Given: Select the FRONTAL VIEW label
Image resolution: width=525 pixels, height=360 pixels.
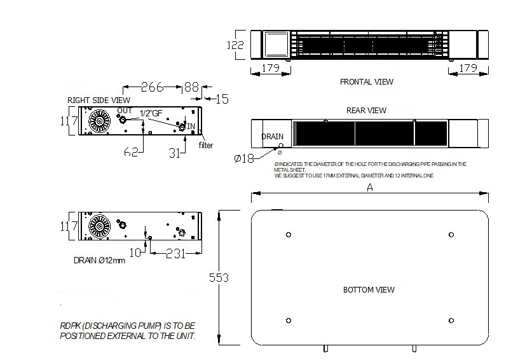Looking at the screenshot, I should click(x=366, y=82).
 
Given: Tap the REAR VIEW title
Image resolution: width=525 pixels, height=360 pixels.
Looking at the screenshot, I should click(x=366, y=110).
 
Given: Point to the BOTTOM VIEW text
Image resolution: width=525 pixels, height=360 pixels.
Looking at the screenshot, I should click(x=369, y=290).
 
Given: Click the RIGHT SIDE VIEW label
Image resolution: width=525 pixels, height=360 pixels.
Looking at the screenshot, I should click(x=99, y=100).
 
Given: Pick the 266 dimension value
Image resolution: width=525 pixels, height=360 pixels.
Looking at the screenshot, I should click(x=153, y=87).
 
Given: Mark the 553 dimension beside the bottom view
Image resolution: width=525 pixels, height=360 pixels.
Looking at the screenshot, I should click(x=218, y=278).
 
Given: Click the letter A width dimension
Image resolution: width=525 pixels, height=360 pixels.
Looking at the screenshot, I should click(x=370, y=188).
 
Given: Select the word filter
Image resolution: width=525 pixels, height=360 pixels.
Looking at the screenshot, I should click(x=205, y=145).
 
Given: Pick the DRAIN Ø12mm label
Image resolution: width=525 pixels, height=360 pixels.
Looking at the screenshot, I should click(x=99, y=260).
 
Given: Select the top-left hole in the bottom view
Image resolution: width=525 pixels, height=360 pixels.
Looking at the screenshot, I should click(x=289, y=235).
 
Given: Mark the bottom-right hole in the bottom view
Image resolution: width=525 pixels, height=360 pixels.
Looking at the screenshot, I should click(x=451, y=319).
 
